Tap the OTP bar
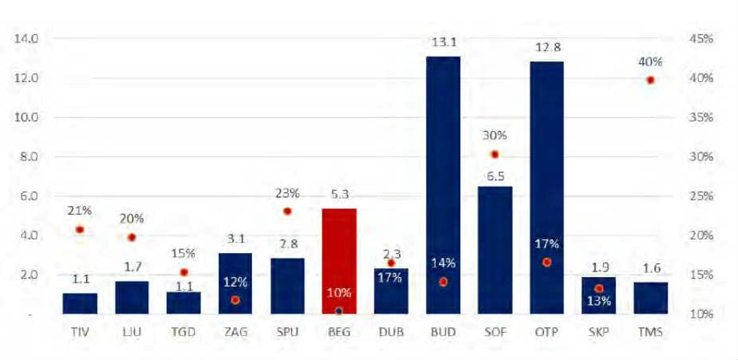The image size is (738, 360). click(x=547, y=188)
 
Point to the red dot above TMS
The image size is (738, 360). click(x=650, y=80)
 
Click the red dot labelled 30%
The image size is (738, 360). click(x=495, y=154)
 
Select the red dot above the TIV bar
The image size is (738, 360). click(x=80, y=230)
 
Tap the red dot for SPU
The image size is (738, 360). click(x=287, y=212)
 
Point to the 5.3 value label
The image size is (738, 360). click(x=338, y=193)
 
